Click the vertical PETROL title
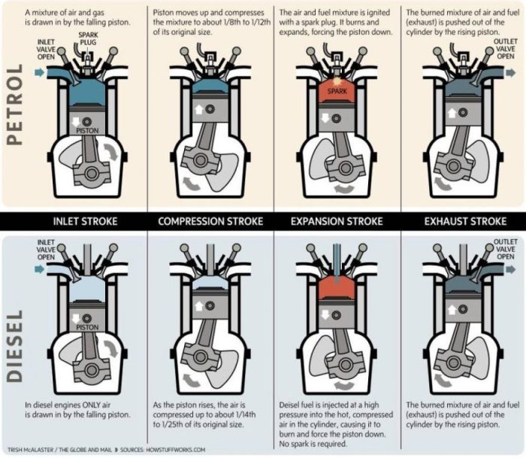point(15,105)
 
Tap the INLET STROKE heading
point(85,221)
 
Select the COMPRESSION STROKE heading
point(210,221)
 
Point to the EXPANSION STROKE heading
point(337,221)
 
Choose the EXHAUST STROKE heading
point(465,221)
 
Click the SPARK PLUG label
point(88,38)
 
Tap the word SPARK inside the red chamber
point(337,91)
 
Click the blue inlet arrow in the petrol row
point(40,72)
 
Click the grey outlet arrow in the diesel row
point(510,269)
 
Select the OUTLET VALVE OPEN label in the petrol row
point(506,49)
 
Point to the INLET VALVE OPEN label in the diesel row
point(46,250)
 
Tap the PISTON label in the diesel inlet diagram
point(87,327)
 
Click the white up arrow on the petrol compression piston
point(199,109)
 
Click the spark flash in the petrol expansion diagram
point(337,80)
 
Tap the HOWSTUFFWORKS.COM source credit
point(176,450)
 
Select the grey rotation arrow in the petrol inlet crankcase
point(111,151)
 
